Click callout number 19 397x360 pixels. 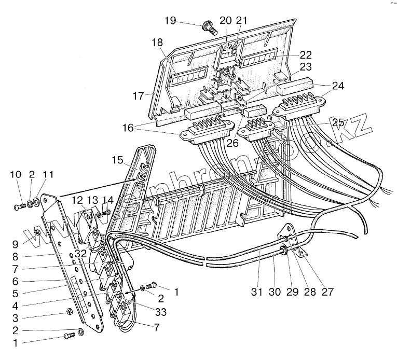click(x=170, y=21)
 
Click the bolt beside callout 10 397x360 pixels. click(x=17, y=207)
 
